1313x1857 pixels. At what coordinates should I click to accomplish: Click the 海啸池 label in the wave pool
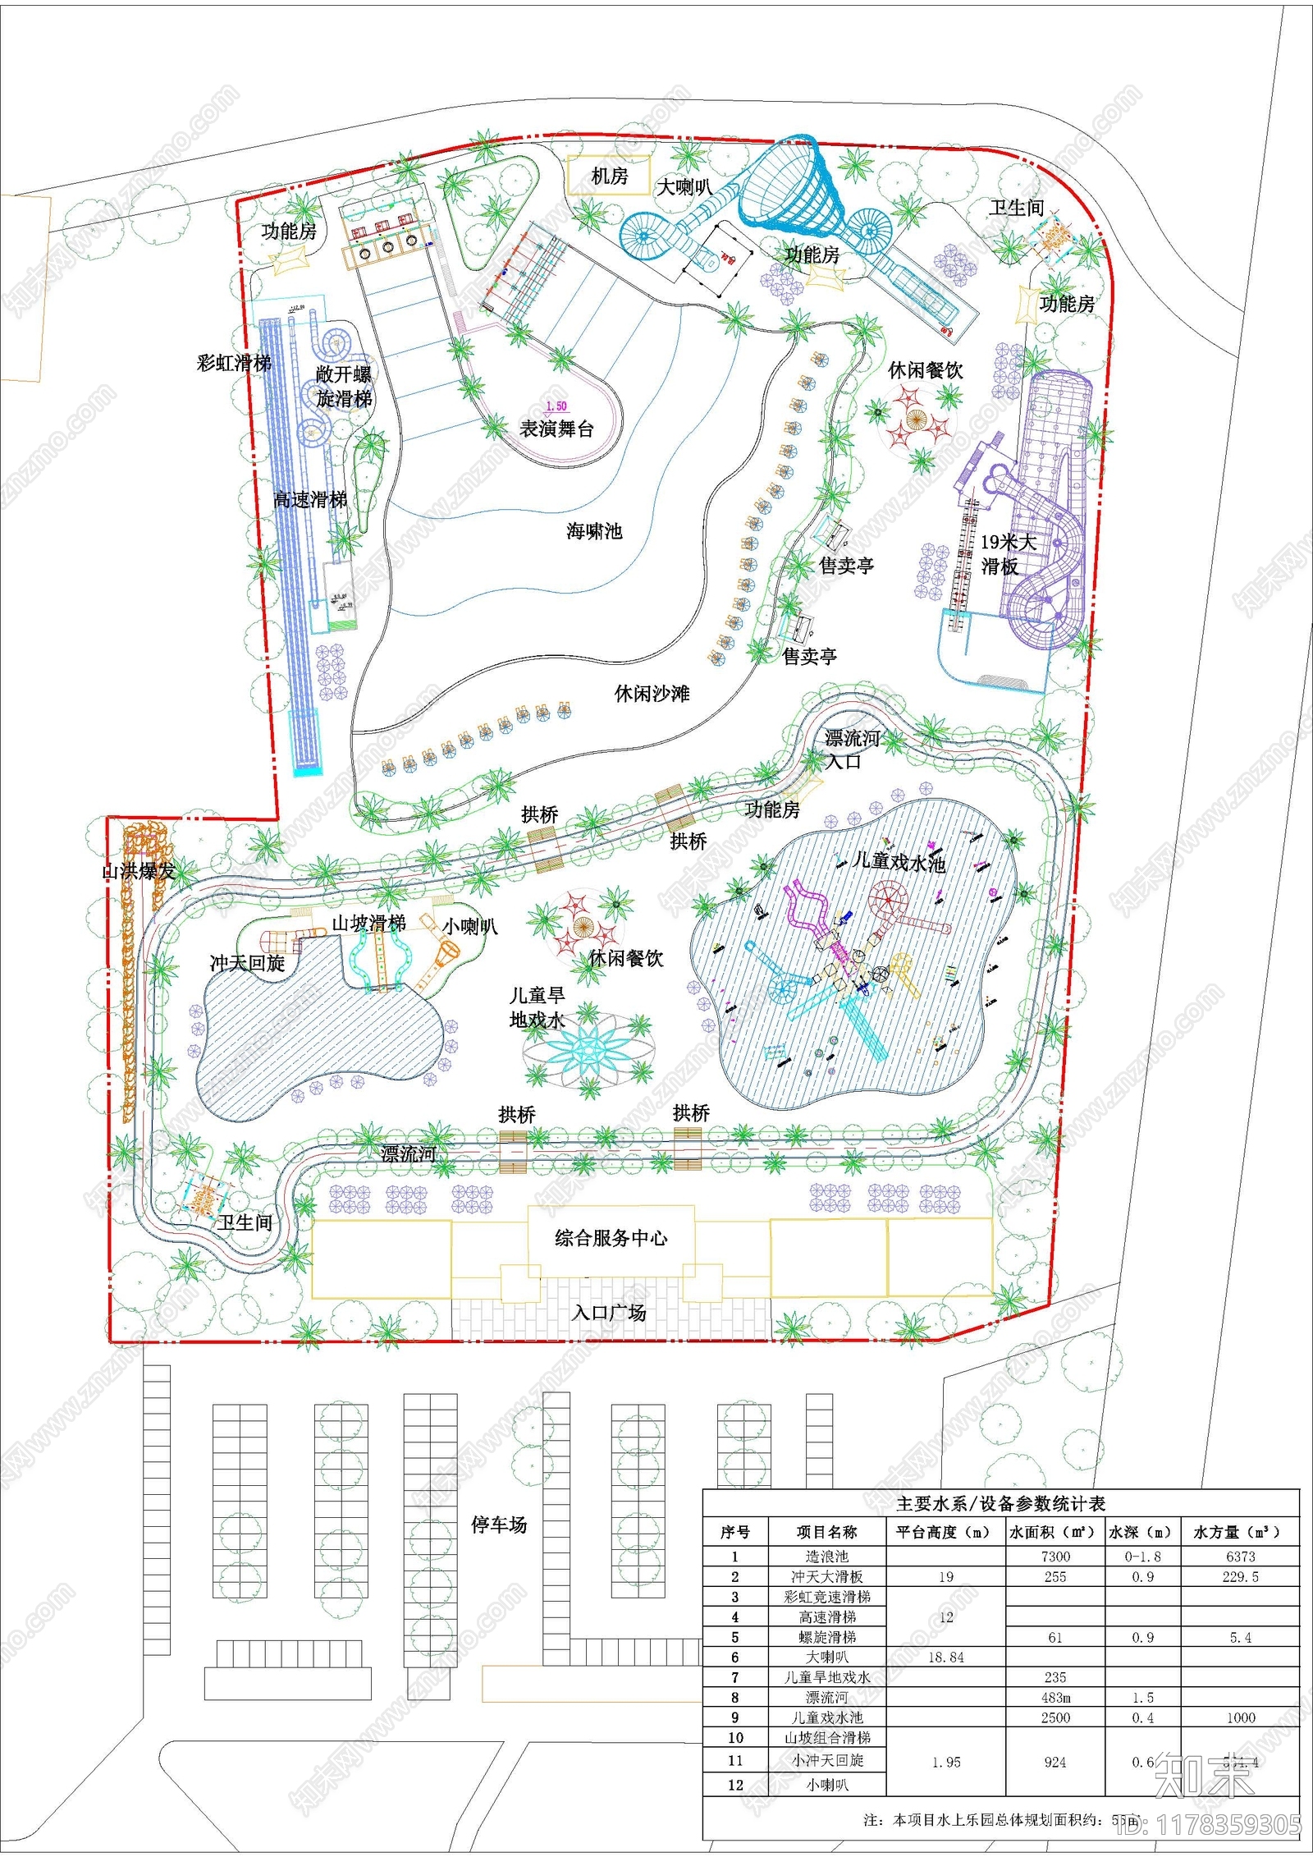[x=594, y=531]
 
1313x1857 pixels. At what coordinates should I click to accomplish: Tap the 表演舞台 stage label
[x=556, y=429]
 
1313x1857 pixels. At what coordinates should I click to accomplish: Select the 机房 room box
[x=609, y=177]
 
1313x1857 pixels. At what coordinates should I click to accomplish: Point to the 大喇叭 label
[x=684, y=187]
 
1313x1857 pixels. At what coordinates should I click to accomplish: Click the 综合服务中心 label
[x=611, y=1238]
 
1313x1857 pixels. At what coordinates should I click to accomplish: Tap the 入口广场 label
[x=609, y=1313]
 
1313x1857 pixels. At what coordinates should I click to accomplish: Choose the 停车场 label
[x=499, y=1525]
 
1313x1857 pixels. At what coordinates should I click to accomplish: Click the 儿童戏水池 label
[x=899, y=861]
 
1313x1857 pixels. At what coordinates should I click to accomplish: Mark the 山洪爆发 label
[x=138, y=871]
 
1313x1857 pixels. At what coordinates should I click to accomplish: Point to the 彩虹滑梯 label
[x=234, y=363]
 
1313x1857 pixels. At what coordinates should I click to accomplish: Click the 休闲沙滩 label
[x=652, y=694]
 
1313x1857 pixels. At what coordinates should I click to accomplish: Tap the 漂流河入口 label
[x=851, y=749]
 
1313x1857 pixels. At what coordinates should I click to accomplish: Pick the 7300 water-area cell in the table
[x=1055, y=1557]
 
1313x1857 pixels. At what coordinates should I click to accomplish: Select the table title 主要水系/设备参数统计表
[x=1000, y=1503]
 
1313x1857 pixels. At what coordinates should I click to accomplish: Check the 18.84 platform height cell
[x=945, y=1657]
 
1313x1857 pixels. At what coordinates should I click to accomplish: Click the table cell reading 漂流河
[x=826, y=1698]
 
